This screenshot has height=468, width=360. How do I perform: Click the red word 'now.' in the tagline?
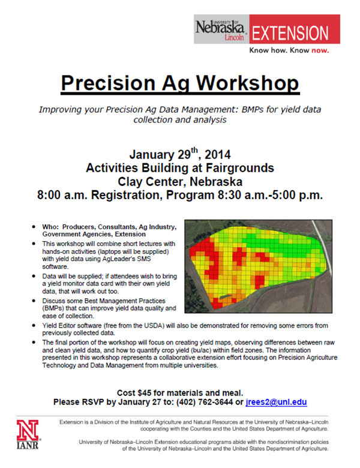pyautogui.click(x=320, y=51)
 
